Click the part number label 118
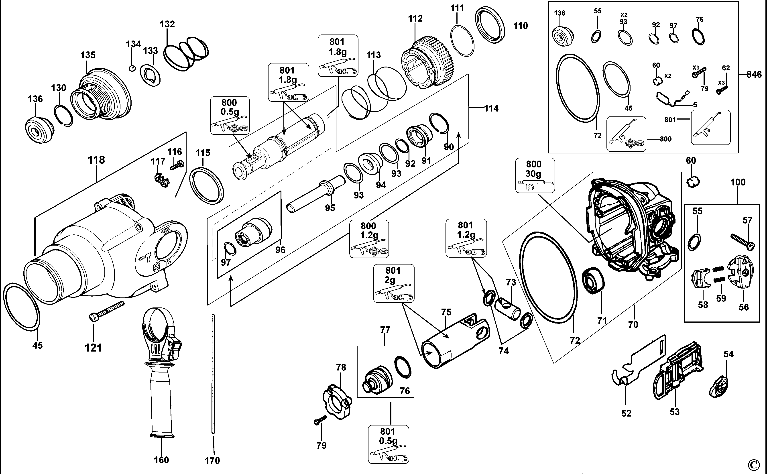[x=96, y=160]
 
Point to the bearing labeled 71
[x=593, y=281]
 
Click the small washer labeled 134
[x=132, y=68]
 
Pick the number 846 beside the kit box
[x=754, y=75]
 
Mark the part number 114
[x=491, y=108]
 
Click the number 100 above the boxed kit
[x=738, y=182]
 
